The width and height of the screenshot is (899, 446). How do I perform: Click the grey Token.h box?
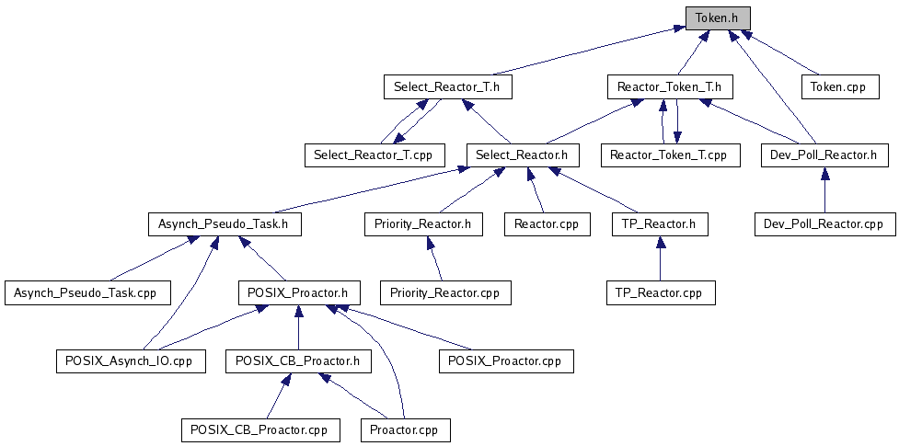(x=718, y=17)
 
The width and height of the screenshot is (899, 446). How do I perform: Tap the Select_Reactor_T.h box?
(x=446, y=87)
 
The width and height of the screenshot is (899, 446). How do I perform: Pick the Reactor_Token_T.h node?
(x=669, y=87)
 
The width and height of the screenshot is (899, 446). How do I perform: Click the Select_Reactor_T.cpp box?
(x=374, y=154)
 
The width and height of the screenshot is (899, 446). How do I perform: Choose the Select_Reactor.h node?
(x=523, y=154)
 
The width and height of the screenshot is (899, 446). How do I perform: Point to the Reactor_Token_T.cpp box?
(x=669, y=154)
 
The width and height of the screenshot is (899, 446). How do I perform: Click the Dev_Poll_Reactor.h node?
(x=824, y=154)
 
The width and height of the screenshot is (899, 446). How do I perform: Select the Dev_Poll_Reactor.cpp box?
(x=824, y=223)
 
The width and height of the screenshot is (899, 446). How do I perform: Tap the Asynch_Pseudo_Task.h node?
(x=225, y=223)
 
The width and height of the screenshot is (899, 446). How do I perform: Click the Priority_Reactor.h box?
(x=423, y=223)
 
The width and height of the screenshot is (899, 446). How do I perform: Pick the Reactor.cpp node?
(x=547, y=223)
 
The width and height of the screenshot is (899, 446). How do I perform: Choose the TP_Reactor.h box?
(x=660, y=223)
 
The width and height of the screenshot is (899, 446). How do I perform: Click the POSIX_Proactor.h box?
(x=298, y=293)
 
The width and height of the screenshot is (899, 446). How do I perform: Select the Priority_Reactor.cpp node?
(x=445, y=293)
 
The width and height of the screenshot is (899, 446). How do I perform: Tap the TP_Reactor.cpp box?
(x=660, y=293)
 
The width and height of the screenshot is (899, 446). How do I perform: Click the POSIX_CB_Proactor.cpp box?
(x=259, y=429)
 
